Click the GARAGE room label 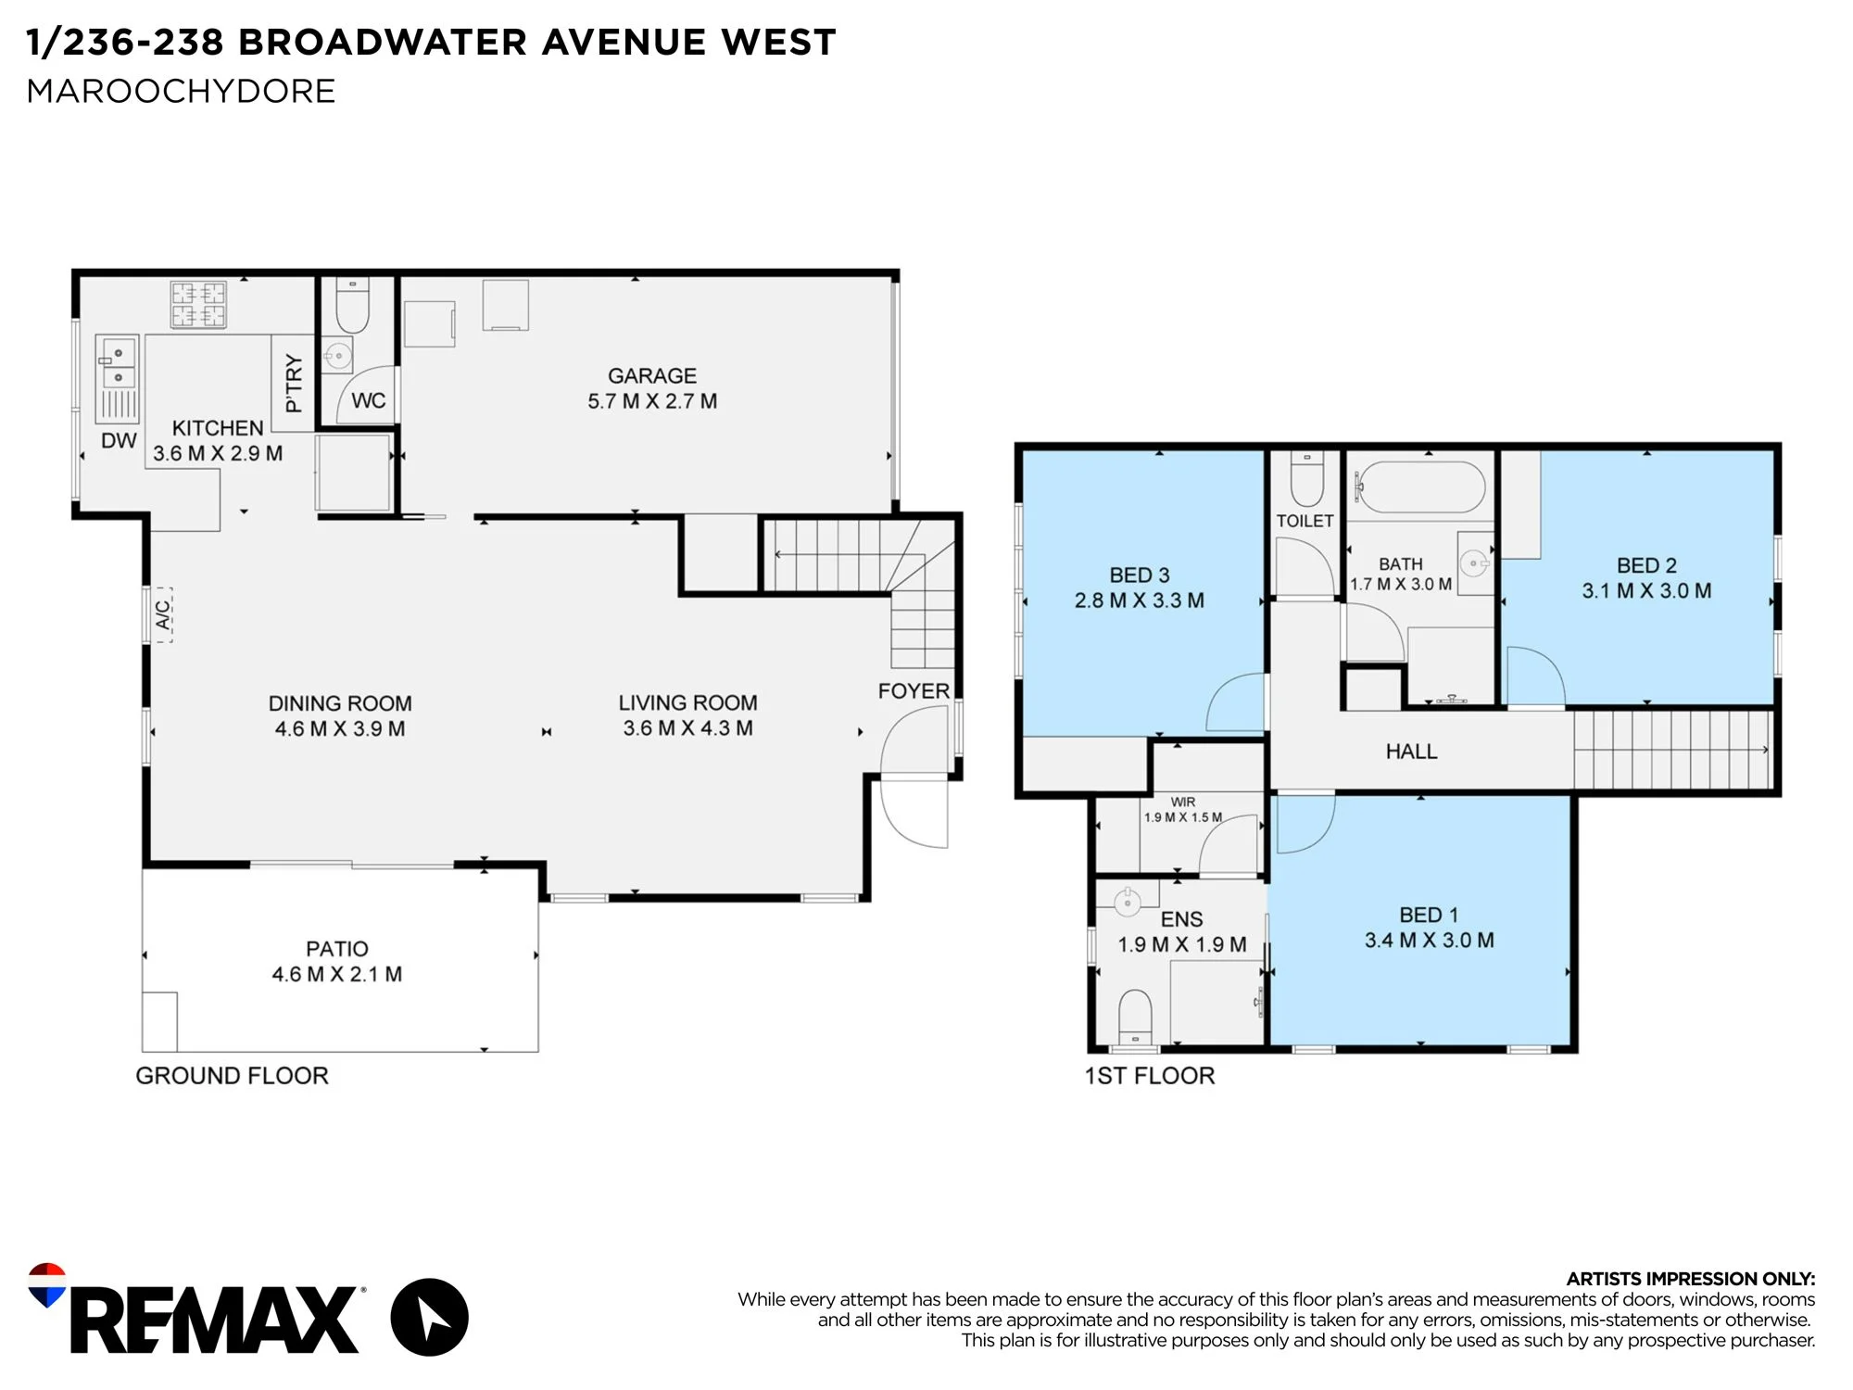(x=652, y=375)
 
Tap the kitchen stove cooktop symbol (x=198, y=305)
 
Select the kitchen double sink (x=118, y=364)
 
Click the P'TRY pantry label (x=294, y=383)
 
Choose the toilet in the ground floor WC (x=352, y=306)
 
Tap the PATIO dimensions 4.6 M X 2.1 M (x=337, y=974)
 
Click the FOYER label (x=914, y=691)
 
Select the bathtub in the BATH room (x=1420, y=486)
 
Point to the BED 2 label (x=1646, y=565)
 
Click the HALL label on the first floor (x=1411, y=752)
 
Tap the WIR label (x=1183, y=802)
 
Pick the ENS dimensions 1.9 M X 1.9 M (x=1182, y=944)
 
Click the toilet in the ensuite (x=1135, y=1017)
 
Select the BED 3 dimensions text (x=1140, y=600)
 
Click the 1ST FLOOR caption (x=1150, y=1076)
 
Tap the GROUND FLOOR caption (x=232, y=1076)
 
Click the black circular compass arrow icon (x=429, y=1317)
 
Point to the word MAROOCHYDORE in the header (x=181, y=91)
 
